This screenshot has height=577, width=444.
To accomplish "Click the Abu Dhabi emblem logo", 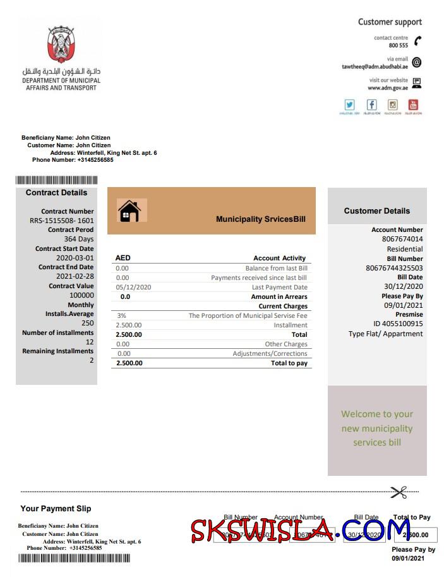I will [x=61, y=46].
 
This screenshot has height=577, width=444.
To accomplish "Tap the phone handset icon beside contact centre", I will [x=417, y=41].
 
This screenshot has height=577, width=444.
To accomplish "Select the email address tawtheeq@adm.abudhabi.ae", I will [x=375, y=66].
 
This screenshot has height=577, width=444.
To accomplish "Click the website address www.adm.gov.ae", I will [x=388, y=88].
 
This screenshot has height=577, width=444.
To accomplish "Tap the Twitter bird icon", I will [x=349, y=105].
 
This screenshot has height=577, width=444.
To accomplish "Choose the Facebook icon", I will [x=371, y=105].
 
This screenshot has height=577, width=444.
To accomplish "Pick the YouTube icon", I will [x=414, y=105].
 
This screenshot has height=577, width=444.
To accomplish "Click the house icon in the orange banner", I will [x=129, y=210].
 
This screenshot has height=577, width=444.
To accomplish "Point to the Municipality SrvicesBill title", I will [x=261, y=219].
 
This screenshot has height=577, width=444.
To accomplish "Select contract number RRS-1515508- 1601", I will [x=61, y=221].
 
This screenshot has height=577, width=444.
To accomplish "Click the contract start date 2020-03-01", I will [x=75, y=258].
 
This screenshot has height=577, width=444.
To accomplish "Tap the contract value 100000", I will [x=81, y=295].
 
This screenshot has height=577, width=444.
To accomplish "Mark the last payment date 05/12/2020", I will [x=134, y=287].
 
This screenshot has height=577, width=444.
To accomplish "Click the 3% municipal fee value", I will [x=121, y=315].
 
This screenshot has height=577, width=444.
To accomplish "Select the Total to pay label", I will [x=289, y=363].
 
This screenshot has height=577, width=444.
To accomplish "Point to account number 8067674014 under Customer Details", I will [x=402, y=239].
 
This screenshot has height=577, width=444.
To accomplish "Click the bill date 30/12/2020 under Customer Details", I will [x=403, y=286].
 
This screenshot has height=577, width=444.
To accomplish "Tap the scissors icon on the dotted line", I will [x=399, y=492].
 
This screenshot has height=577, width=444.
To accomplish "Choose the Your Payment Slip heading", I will [x=56, y=509].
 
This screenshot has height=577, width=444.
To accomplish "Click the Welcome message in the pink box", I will [x=377, y=428].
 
